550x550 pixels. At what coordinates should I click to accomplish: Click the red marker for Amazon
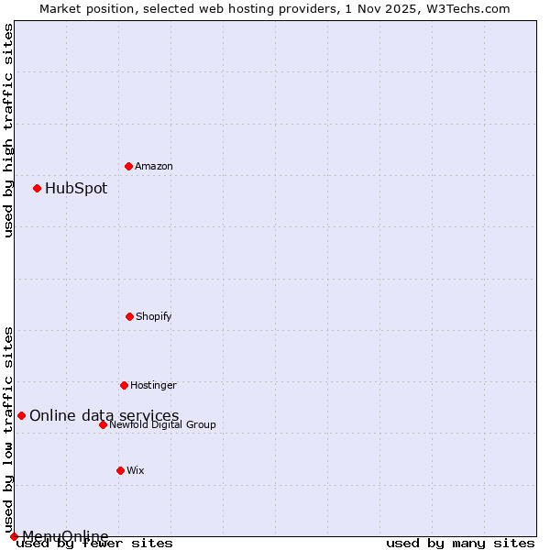128,166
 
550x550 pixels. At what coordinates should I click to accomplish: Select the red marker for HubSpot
37,188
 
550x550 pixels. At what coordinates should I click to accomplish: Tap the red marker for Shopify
129,316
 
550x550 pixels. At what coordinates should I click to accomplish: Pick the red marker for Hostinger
124,385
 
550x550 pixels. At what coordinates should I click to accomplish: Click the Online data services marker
21,415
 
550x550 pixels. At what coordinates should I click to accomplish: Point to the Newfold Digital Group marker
103,424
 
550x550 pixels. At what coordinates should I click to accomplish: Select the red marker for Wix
120,470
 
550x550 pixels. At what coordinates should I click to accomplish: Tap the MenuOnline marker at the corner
14,536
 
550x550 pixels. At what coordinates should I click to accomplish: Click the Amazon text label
154,166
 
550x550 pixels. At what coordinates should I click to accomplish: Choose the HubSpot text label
76,188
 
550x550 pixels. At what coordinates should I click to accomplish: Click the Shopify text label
154,316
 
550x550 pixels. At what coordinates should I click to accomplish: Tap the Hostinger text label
153,385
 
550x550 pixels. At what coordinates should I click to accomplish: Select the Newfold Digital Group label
162,424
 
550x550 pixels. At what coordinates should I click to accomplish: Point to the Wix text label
136,470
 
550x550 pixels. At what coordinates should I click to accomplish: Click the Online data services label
104,415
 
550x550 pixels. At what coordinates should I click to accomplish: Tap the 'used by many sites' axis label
460,543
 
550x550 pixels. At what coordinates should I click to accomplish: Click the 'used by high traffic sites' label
8,130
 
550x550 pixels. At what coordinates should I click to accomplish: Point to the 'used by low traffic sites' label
8,429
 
